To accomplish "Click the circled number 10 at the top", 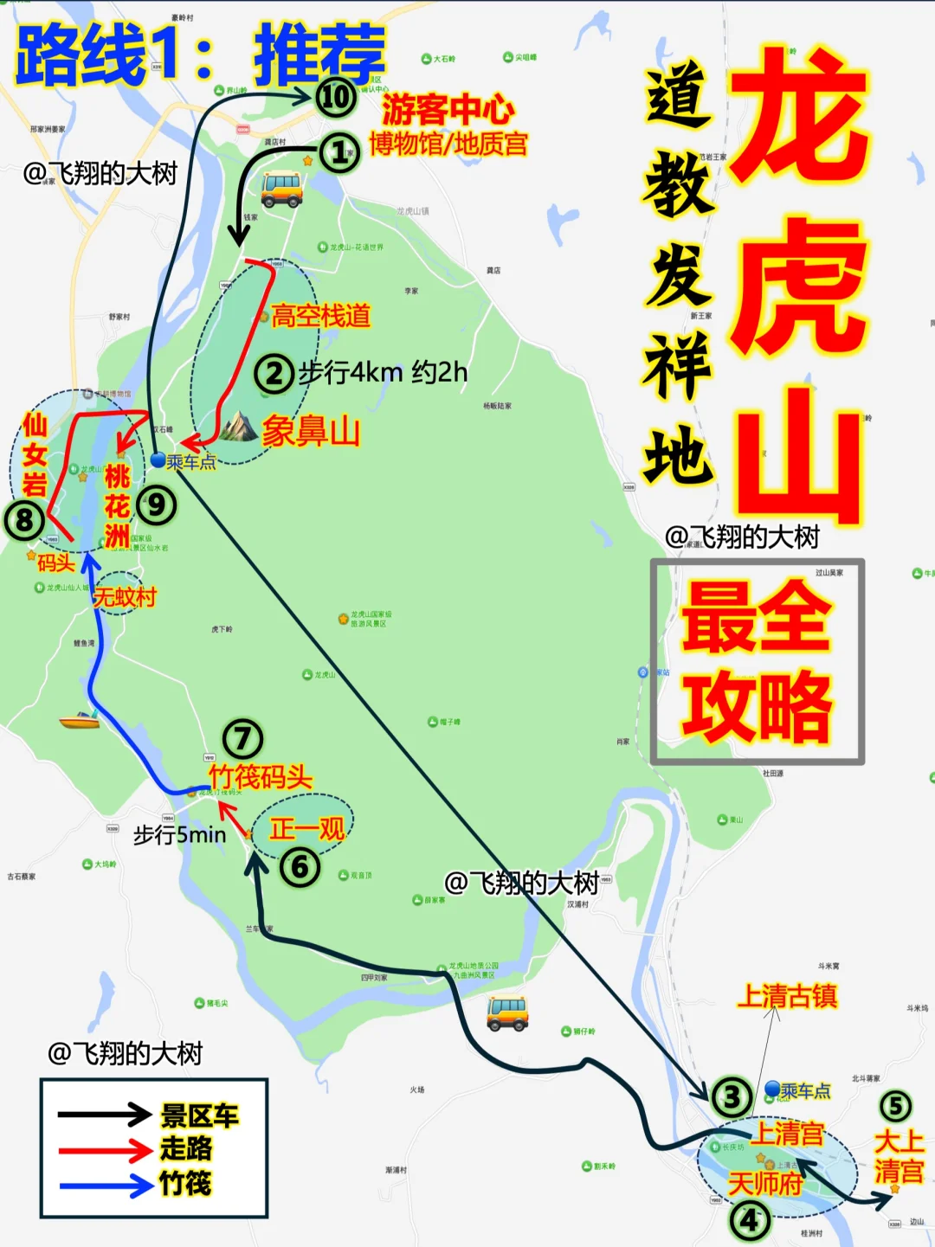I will [x=336, y=96].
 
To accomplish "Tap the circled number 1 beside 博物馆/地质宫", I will [x=339, y=153].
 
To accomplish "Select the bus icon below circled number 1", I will [x=281, y=190].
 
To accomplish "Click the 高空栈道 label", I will [x=320, y=316].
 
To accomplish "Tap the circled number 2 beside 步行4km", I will [x=274, y=374].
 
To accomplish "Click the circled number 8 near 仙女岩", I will [x=24, y=520].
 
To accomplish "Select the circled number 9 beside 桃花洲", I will [x=157, y=505].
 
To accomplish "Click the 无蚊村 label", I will [x=124, y=597].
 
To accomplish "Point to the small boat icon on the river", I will [x=79, y=720].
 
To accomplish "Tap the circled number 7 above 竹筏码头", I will [x=242, y=738].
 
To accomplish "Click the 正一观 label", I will [x=306, y=829].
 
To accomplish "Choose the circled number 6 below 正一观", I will [x=300, y=866].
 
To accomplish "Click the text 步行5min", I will [x=179, y=835].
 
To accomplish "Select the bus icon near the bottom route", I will [x=507, y=1012].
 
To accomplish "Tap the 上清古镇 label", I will [x=787, y=996].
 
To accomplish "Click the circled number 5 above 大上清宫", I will [x=895, y=1106].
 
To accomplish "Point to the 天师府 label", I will [x=765, y=1183].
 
